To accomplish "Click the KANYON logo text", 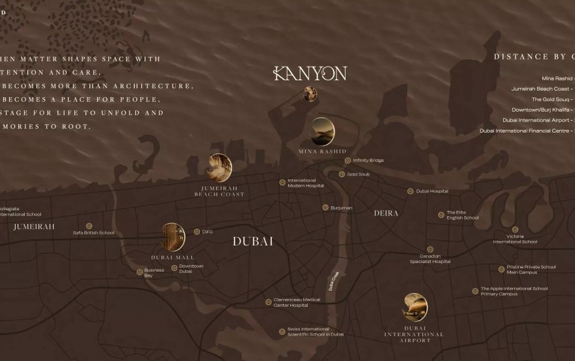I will [310, 73].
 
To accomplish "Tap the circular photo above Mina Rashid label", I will [322, 131].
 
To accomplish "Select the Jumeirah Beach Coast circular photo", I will [220, 167].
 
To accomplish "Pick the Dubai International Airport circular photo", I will [415, 307].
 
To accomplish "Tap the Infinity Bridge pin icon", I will [348, 160].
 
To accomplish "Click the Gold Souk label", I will [358, 174].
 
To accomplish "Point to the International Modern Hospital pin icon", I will [282, 183].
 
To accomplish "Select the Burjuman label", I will [341, 208].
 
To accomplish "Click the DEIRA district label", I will [386, 213].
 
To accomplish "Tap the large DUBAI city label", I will [253, 242].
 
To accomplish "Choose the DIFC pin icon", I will [197, 231].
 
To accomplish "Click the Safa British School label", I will [93, 232].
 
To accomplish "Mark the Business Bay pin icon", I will [139, 272].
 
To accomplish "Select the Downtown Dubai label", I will [191, 268].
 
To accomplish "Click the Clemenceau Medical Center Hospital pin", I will [269, 302].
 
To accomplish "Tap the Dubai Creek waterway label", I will [336, 284].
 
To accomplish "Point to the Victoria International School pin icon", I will [515, 229].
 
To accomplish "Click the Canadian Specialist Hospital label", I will [430, 259].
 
